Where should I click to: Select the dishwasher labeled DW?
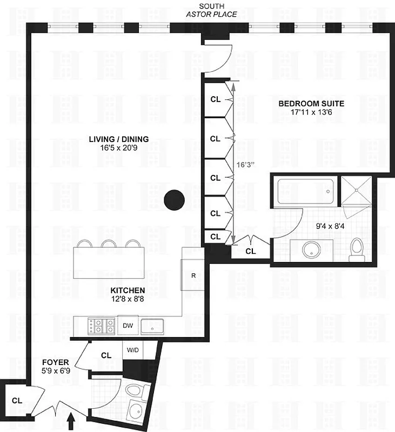(128, 326)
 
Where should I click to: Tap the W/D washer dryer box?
(132, 350)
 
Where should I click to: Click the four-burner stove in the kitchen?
(101, 326)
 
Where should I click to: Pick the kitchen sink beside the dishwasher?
(153, 326)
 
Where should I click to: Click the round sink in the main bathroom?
(312, 249)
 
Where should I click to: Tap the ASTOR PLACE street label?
(211, 15)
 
